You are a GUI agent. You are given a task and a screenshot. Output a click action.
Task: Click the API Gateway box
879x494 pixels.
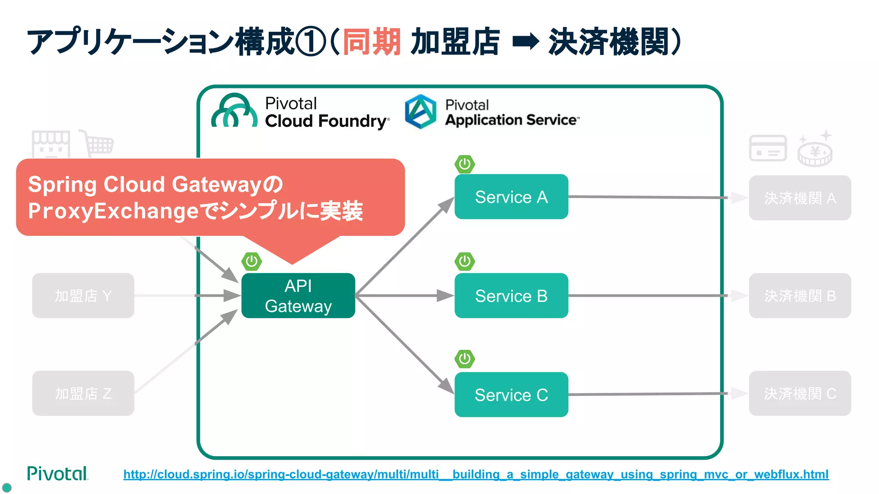tap(298, 295)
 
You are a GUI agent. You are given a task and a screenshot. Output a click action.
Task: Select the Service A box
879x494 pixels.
tap(511, 197)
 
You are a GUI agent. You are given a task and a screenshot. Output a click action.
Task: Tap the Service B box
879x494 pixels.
tap(511, 295)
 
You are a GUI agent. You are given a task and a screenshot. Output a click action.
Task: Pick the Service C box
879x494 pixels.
tap(511, 395)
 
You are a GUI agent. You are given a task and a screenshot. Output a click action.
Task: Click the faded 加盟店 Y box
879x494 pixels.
tap(83, 295)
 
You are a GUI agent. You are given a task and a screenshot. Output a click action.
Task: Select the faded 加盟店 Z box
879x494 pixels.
tap(83, 393)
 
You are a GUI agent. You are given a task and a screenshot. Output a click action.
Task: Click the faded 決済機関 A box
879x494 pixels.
tap(800, 198)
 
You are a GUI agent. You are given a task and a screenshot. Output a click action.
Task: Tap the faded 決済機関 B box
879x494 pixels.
tap(800, 295)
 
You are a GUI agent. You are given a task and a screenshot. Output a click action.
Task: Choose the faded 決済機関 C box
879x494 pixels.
tap(800, 393)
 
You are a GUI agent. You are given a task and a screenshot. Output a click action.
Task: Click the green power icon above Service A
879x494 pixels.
tap(464, 164)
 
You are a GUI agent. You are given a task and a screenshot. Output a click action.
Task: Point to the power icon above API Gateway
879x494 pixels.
tap(252, 261)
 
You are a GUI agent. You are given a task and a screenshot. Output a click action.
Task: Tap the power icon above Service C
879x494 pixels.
tap(464, 359)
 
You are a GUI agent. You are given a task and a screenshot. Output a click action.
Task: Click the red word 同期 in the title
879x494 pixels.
tap(372, 42)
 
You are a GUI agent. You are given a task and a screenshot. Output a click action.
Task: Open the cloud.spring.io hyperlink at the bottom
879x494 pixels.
tap(476, 474)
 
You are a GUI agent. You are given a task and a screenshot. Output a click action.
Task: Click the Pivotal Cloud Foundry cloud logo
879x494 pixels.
tap(234, 111)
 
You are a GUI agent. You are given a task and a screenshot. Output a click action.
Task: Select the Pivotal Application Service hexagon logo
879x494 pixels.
tap(420, 111)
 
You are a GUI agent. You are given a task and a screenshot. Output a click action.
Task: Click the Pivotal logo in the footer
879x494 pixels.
tap(58, 473)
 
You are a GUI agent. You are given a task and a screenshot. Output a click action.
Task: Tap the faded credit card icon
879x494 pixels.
tap(767, 148)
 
